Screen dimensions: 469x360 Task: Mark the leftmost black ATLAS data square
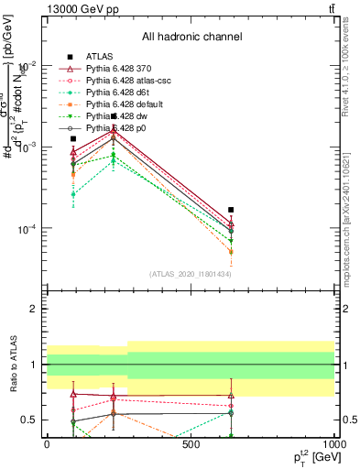tap(73, 139)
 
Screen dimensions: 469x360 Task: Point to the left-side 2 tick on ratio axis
tap(34, 310)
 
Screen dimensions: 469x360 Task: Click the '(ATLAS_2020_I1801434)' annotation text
tap(191, 274)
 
